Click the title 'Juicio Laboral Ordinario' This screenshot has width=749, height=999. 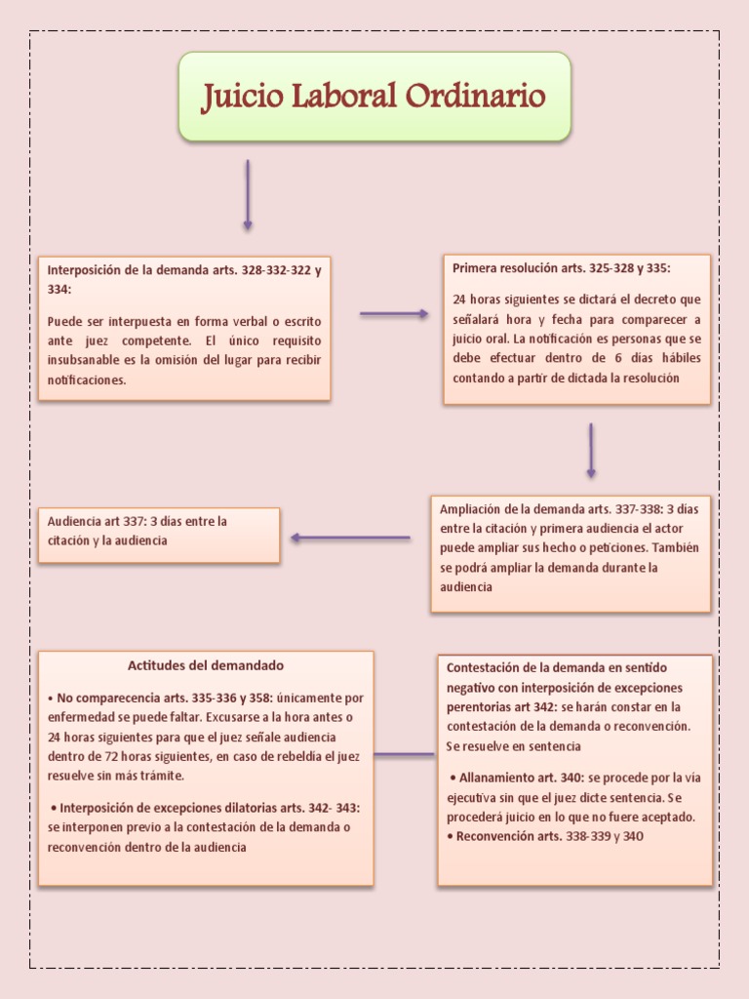tap(374, 97)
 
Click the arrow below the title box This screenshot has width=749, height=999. tap(248, 195)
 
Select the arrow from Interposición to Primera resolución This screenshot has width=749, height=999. tap(394, 314)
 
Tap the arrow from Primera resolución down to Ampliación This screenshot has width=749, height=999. tap(591, 450)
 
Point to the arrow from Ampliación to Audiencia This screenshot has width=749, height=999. tap(350, 538)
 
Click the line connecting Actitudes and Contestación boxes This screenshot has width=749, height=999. tap(405, 754)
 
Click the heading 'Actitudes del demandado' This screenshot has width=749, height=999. tap(206, 665)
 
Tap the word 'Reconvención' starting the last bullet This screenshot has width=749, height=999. tap(493, 836)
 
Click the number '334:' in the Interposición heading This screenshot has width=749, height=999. tap(59, 290)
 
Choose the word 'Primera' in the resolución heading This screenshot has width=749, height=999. tap(475, 267)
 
